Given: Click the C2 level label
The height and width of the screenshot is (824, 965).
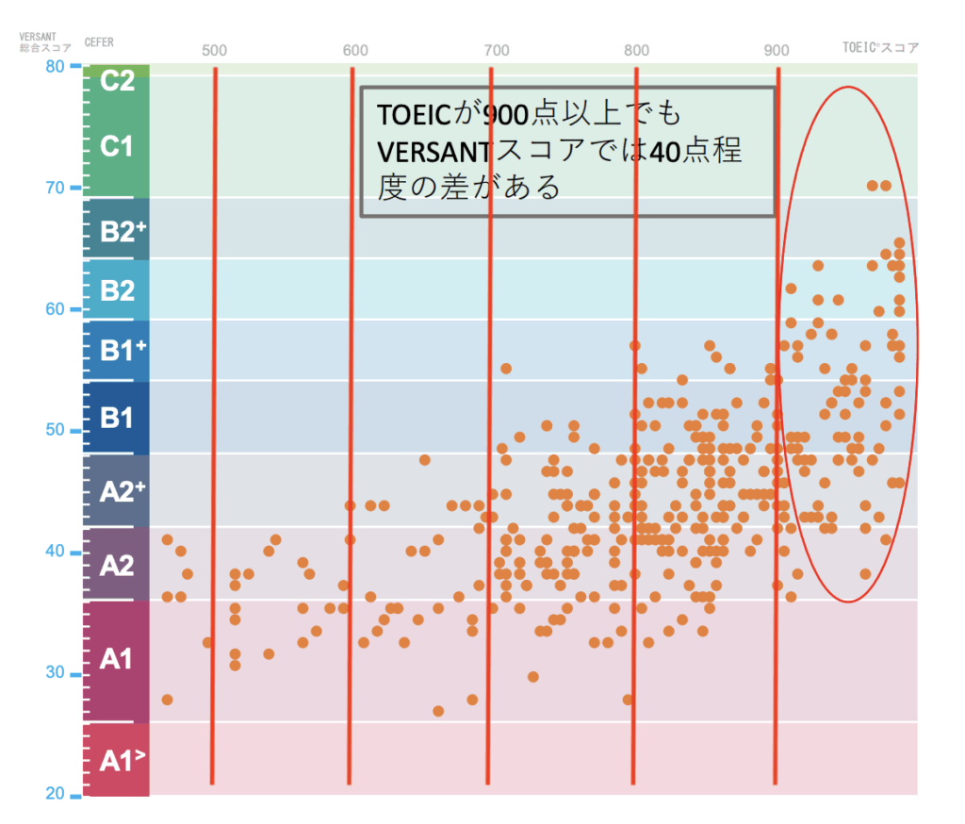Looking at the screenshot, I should click(x=117, y=81).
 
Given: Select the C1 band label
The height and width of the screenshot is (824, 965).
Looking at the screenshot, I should click(x=117, y=147).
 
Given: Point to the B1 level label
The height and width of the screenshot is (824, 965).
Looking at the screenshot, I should click(x=117, y=418).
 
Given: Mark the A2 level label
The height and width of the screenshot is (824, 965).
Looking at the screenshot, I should click(x=117, y=565).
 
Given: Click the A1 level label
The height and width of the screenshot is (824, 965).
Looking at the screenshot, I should click(x=117, y=659).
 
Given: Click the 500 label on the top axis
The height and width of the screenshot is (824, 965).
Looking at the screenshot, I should click(x=215, y=50).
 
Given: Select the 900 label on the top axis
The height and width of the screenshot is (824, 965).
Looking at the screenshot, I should click(x=777, y=50).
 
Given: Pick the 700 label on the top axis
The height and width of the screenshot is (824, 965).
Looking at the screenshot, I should click(x=496, y=50).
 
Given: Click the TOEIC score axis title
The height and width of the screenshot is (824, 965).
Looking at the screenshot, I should click(x=880, y=47).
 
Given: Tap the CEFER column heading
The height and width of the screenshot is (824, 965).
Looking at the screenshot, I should click(x=100, y=42).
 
